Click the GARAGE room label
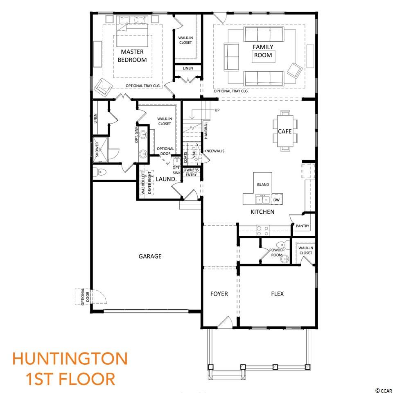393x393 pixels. [150, 256]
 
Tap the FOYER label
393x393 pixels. [219, 294]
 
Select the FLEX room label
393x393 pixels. [278, 294]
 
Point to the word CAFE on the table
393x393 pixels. [285, 131]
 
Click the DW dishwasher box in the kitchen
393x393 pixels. [276, 200]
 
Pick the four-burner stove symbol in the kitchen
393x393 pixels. [262, 230]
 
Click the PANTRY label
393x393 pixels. [303, 226]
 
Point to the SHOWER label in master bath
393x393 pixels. [97, 150]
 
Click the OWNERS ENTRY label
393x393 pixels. [191, 172]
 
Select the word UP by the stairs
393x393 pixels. [217, 110]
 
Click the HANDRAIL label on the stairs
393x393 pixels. [206, 130]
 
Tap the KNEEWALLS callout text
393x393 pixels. [214, 151]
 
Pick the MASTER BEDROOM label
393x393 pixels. [132, 56]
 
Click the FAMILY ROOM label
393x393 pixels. [263, 51]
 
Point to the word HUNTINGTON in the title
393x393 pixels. [70, 359]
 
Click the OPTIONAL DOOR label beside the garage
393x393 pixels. [85, 297]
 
